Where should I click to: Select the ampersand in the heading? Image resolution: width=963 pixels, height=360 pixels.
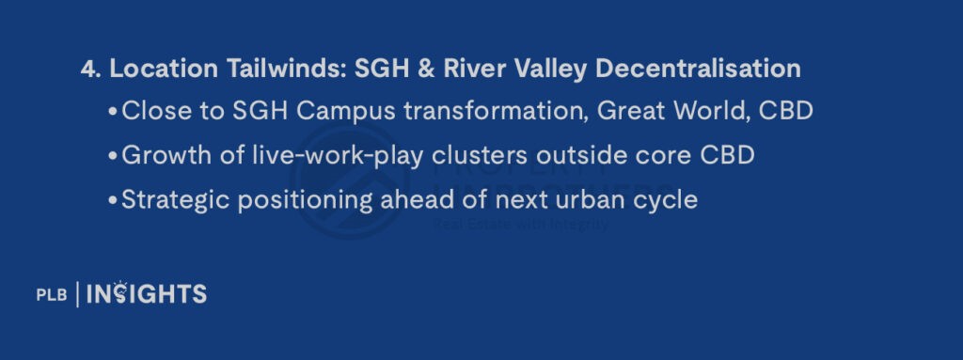(423, 69)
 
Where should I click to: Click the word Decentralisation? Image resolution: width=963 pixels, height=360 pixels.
(698, 69)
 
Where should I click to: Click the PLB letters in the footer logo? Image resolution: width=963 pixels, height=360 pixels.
(52, 295)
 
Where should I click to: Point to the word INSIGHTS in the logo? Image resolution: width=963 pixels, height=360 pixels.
(146, 293)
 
